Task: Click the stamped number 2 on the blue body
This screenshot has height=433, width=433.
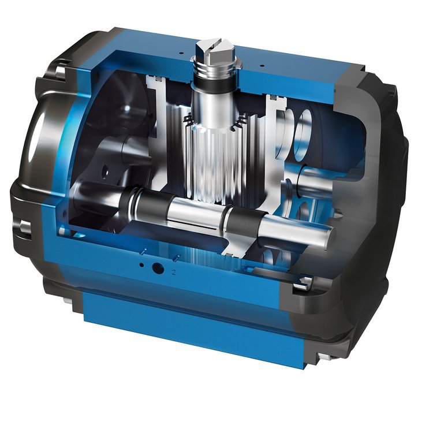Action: [174, 270]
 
